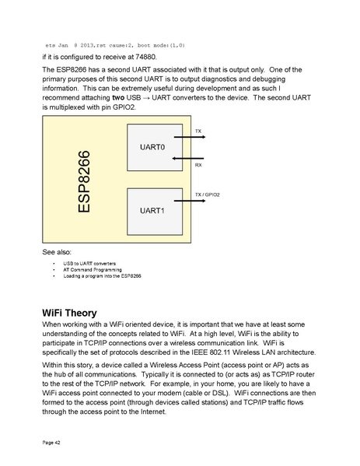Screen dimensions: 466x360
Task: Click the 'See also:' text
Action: [58, 254]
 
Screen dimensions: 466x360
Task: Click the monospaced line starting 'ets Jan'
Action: [115, 45]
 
